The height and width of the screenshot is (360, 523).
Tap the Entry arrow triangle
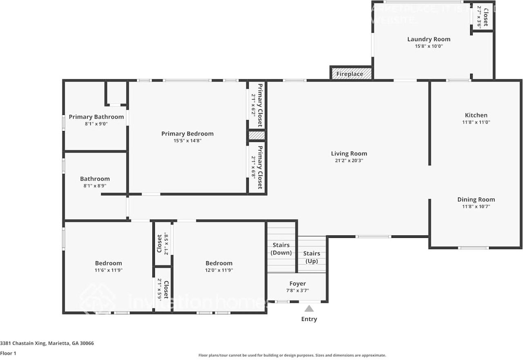309,309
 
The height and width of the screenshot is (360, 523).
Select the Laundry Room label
429,39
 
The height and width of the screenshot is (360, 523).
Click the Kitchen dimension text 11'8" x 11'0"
476,122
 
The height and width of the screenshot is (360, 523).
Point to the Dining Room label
476,199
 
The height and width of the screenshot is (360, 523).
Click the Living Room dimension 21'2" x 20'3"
349,161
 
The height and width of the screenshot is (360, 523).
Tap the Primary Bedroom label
187,134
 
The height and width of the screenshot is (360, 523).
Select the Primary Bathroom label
96,117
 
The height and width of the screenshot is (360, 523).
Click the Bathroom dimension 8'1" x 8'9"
95,186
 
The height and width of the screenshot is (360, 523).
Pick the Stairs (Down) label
281,248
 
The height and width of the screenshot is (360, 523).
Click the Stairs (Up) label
312,257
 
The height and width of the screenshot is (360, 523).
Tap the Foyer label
297,284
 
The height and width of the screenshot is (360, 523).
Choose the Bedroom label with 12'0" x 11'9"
219,263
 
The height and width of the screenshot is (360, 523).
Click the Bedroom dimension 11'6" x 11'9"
109,270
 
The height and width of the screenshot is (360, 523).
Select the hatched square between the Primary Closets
257,135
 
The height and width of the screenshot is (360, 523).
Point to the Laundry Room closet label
485,17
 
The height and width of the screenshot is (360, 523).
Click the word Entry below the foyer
309,319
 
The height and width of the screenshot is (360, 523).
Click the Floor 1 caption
8,353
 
